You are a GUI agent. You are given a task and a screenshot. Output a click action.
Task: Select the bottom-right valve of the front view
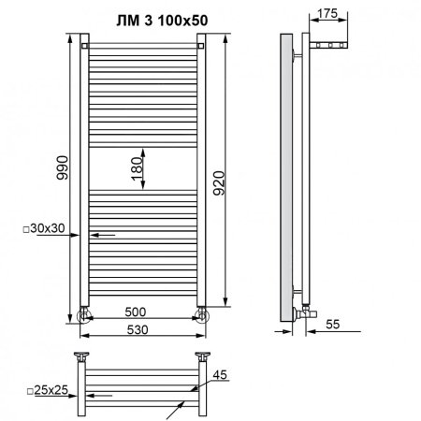point(201,312)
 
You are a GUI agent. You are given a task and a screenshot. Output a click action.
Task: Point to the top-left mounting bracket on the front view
point(84,43)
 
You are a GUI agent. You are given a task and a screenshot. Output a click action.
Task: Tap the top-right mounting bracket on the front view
point(202,43)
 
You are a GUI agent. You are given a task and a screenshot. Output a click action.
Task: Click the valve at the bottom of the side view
point(307,306)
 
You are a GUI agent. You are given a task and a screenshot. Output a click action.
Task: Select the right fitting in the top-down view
point(201,356)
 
